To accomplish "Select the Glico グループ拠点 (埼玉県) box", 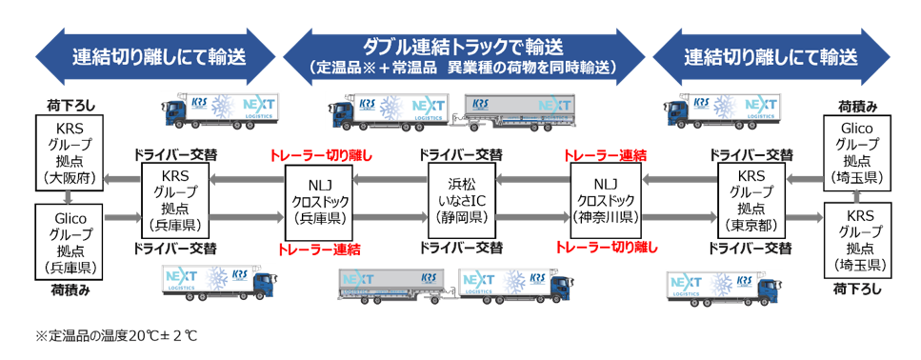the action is point(857,152).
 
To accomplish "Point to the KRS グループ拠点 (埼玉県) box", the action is point(857,240).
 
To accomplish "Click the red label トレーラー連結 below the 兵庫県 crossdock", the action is point(318,249).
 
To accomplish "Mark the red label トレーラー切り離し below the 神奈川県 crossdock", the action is point(606,248).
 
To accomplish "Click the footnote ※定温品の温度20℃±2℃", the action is point(116,335).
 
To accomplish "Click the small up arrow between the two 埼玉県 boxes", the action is point(856,196).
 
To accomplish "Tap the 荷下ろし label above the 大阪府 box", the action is point(70,106).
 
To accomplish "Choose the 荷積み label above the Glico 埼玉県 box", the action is point(857,107).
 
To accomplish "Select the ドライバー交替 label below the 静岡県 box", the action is point(461,248).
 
